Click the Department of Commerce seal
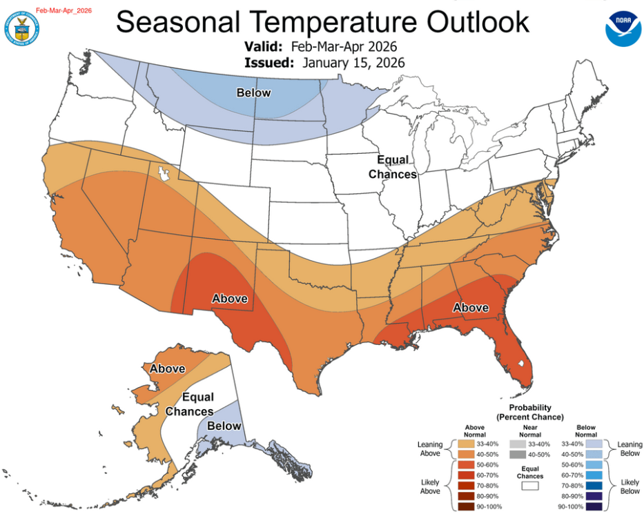coord(21,27)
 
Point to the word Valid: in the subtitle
coord(263,47)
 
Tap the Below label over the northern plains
coord(253,92)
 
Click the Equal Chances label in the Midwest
coord(392,167)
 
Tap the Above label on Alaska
coord(168,368)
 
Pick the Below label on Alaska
coord(224,426)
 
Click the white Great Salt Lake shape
coord(164,173)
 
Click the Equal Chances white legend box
coord(530,486)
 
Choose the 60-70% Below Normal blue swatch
coord(595,475)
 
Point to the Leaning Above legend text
coord(430,449)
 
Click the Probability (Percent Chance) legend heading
coord(529,413)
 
